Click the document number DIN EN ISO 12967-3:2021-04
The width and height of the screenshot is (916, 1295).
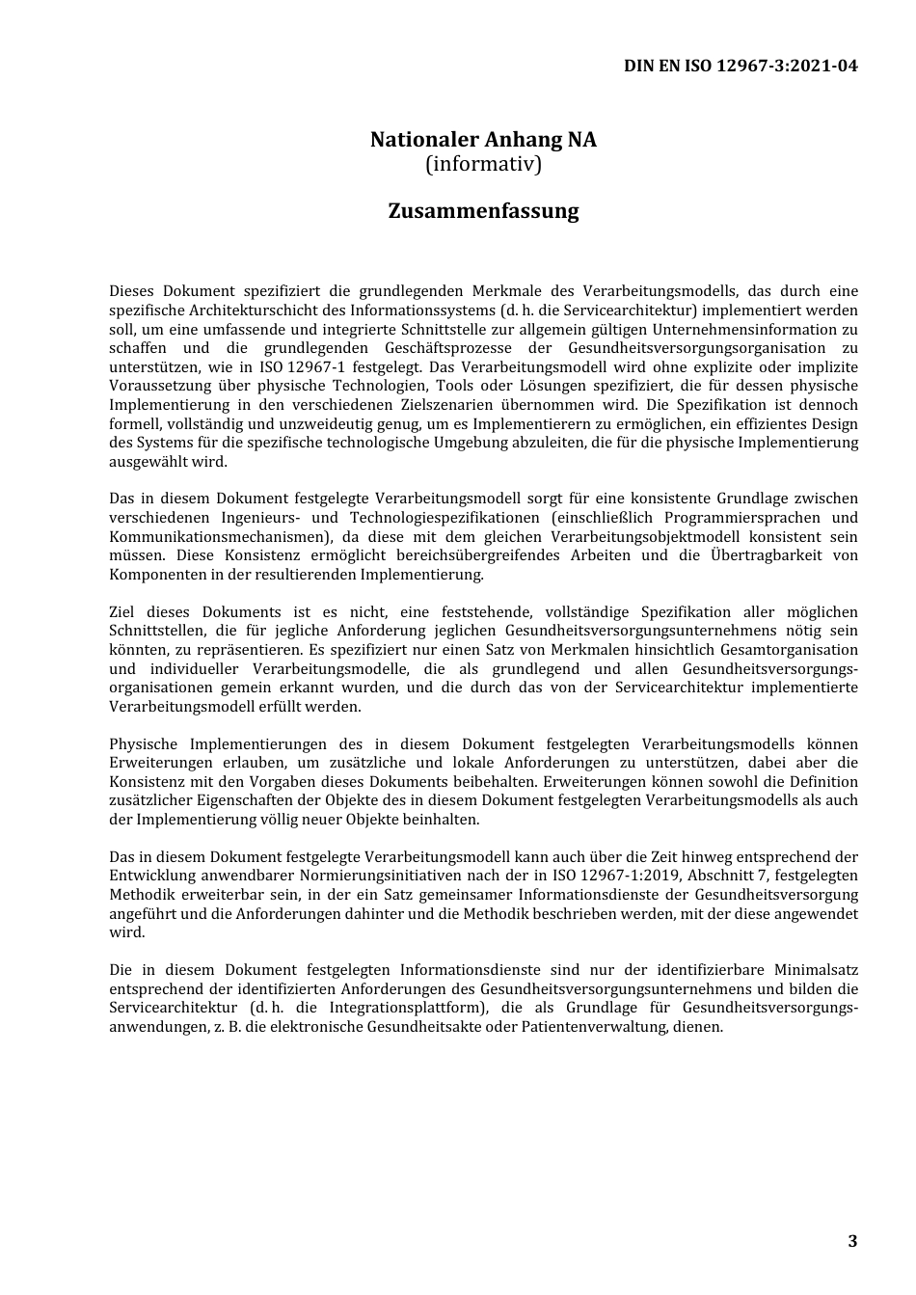(741, 66)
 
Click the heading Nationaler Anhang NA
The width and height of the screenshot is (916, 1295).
(483, 140)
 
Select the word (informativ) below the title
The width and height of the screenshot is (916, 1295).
(483, 164)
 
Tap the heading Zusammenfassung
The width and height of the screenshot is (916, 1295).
(483, 211)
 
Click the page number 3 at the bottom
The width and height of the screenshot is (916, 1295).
(851, 1241)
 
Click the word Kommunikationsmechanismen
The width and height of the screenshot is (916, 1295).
(220, 536)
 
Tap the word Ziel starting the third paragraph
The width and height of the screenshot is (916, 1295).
(122, 612)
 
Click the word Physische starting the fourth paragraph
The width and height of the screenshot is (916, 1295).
(144, 744)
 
